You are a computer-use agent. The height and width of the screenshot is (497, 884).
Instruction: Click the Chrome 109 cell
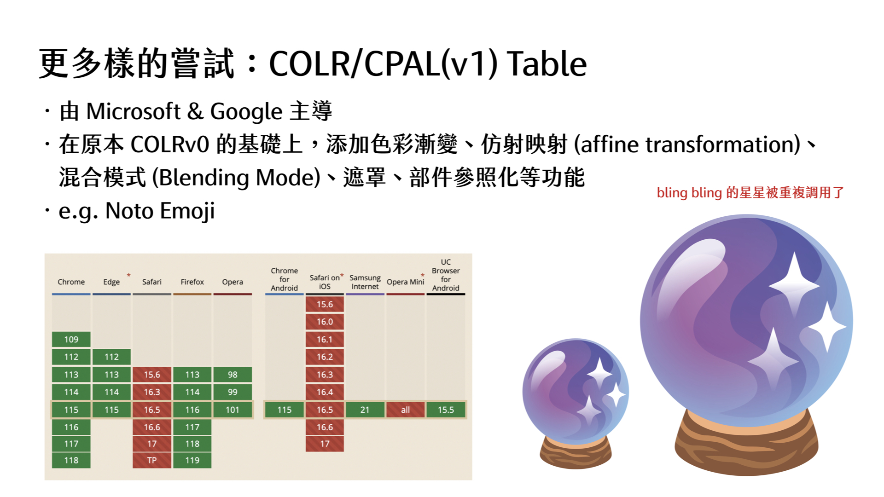[x=71, y=339]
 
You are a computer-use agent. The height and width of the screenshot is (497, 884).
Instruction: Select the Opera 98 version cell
[x=233, y=375]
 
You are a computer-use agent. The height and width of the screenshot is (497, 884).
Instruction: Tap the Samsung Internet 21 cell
[x=365, y=410]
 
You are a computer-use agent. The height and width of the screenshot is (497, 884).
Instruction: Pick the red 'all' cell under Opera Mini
[x=405, y=410]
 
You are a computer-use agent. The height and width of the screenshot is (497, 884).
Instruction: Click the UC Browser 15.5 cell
[x=446, y=410]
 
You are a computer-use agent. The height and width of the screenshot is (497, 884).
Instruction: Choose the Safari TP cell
[x=152, y=460]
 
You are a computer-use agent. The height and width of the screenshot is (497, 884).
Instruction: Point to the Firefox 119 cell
[x=192, y=460]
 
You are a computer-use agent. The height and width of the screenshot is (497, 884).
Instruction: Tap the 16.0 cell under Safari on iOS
[x=325, y=322]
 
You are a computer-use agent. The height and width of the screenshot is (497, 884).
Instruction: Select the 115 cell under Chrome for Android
[x=284, y=410]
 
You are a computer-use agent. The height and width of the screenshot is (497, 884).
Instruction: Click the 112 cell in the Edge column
[x=111, y=357]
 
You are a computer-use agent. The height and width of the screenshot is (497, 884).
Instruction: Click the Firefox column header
[x=192, y=282]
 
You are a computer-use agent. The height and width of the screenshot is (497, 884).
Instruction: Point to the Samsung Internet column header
[x=365, y=282]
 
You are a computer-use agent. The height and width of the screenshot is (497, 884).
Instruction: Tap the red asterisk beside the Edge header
[x=129, y=275]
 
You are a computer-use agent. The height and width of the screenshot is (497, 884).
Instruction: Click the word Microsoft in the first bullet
[x=134, y=111]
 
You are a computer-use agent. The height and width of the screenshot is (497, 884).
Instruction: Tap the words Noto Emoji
[x=160, y=211]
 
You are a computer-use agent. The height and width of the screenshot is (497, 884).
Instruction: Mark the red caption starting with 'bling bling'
[x=750, y=192]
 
